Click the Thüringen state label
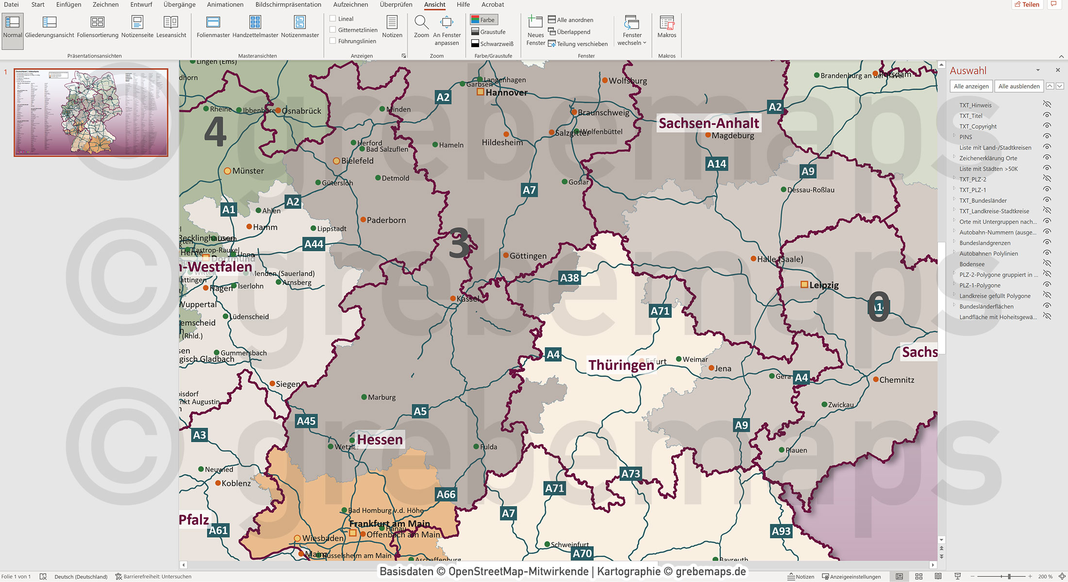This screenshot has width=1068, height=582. click(621, 365)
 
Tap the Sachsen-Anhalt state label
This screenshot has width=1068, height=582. click(708, 123)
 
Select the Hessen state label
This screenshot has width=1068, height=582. click(380, 440)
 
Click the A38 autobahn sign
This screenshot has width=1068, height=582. click(569, 278)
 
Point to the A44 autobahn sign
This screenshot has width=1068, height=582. click(314, 244)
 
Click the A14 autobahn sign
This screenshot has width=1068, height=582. click(717, 164)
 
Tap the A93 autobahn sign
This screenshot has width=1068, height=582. click(781, 531)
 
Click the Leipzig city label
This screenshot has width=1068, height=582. click(824, 285)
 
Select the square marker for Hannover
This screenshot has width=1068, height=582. click(480, 92)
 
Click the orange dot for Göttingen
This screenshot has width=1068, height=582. click(506, 255)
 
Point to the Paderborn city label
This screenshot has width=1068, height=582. click(386, 220)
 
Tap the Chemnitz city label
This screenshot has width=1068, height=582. click(896, 380)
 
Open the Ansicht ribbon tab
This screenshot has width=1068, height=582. click(434, 5)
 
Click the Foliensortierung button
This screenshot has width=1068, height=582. click(98, 27)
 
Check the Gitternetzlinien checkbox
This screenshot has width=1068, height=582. click(333, 30)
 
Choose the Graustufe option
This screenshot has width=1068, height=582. click(488, 32)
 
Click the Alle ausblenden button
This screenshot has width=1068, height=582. click(1018, 86)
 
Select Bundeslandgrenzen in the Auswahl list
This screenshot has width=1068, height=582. click(985, 243)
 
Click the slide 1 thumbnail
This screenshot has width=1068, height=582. click(91, 112)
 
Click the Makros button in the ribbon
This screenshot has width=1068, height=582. click(667, 27)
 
